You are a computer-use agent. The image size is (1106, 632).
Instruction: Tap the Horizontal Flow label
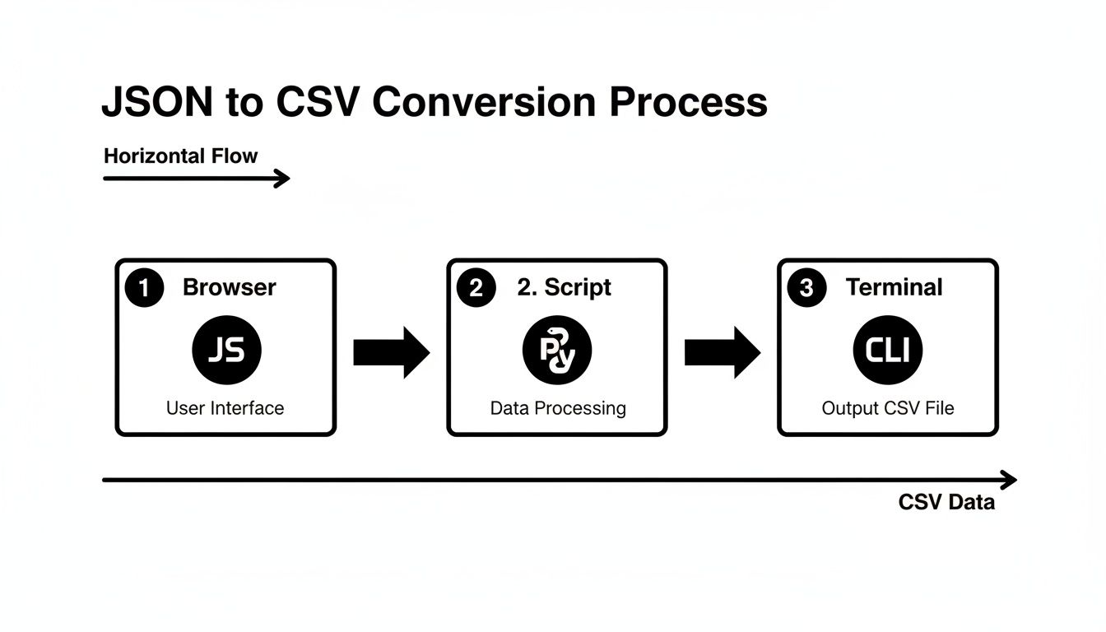181,156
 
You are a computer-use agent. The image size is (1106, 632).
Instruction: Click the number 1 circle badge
145,288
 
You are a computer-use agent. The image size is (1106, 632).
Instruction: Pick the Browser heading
230,287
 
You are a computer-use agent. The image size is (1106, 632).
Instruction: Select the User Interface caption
225,408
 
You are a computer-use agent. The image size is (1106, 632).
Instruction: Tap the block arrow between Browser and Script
391,353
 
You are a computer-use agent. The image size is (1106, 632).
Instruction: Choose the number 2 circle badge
476,288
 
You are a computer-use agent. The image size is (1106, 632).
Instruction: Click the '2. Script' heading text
565,287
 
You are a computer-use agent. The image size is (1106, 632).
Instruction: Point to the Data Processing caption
558,408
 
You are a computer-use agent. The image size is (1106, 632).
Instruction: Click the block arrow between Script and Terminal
722,353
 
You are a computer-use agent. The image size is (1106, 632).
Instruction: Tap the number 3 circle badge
806,288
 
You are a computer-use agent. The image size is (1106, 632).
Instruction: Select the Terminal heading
895,287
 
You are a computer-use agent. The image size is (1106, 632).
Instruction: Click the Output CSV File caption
888,408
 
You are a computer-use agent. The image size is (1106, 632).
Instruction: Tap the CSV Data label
946,503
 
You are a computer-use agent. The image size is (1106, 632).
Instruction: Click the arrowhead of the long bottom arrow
1010,480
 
